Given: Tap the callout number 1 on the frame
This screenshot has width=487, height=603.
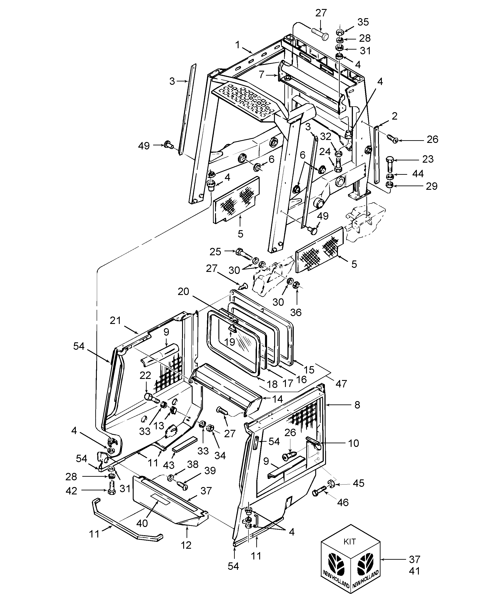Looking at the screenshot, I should [238, 45].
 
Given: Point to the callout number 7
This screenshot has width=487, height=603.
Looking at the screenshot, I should [261, 75].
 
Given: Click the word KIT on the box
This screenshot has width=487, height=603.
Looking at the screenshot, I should [350, 542].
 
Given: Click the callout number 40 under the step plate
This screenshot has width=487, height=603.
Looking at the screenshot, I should [142, 523].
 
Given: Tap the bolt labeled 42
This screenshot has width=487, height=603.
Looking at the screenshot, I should [111, 489].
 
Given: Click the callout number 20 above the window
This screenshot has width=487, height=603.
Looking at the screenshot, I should [183, 292].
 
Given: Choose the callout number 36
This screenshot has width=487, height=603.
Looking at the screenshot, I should [296, 312].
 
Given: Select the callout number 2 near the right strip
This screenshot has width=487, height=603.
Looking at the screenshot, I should [394, 116].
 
